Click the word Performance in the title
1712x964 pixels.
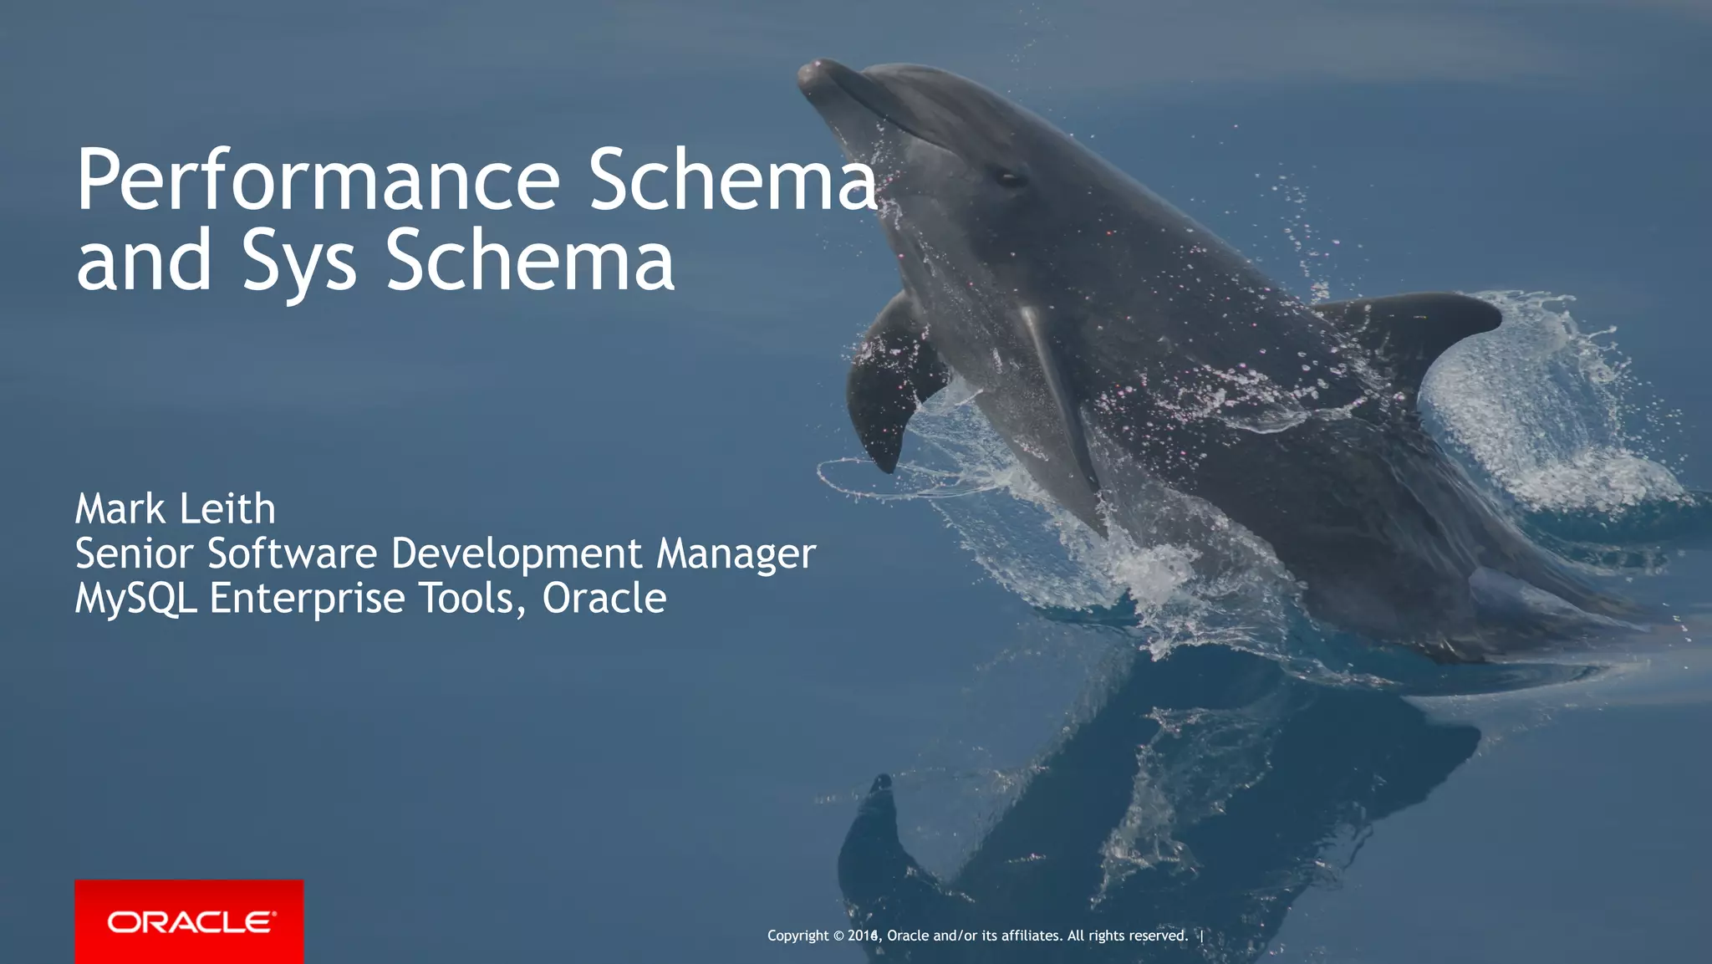318,180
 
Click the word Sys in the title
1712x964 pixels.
299,261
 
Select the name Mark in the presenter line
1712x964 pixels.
120,509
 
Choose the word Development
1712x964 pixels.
517,555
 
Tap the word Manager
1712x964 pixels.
736,555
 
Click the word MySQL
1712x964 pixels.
135,599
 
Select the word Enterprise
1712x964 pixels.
307,599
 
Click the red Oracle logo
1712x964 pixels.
189,921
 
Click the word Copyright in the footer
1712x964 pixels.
798,936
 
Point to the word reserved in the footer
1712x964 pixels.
1158,936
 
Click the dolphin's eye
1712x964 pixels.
1009,178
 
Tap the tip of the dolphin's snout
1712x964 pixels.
809,74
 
